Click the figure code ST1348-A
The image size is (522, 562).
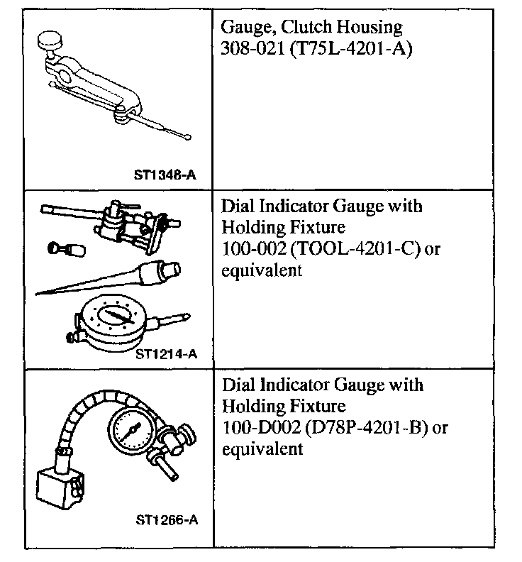click(165, 173)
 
